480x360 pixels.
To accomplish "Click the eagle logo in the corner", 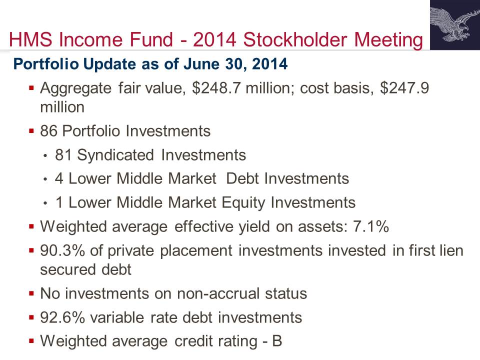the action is coord(455,25).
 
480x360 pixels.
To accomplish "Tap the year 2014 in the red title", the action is coord(214,39).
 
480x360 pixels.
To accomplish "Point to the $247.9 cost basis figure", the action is coord(404,88).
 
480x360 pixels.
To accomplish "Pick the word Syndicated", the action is coord(115,155).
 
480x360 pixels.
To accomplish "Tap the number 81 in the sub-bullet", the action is coord(63,155).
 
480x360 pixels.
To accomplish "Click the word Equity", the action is coord(243,202).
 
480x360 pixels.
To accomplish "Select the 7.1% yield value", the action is coord(370,226).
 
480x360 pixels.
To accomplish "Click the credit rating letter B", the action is coord(277,341).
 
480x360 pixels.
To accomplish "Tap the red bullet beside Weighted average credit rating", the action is coord(31,340).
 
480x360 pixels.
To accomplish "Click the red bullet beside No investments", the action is coord(31,293).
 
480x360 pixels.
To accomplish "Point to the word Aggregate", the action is coord(75,89).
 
